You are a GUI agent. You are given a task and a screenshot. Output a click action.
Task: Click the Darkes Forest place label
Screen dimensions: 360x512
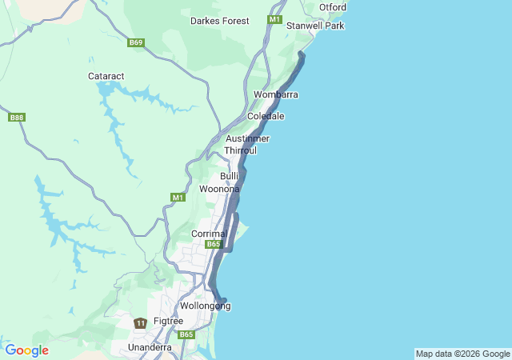(x=219, y=21)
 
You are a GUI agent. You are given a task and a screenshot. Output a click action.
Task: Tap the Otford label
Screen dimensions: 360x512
(x=332, y=7)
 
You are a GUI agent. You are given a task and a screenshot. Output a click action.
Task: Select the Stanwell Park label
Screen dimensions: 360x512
(x=315, y=26)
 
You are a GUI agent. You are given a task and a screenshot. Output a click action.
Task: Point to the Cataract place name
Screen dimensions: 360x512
(x=106, y=76)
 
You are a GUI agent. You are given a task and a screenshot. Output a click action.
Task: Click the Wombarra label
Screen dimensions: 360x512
(x=276, y=94)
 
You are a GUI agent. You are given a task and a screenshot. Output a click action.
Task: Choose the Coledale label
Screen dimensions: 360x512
(x=266, y=116)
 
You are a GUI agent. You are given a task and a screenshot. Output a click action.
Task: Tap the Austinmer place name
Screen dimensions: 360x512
(x=248, y=138)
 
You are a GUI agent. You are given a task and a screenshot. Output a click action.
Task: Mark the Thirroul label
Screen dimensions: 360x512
(x=241, y=150)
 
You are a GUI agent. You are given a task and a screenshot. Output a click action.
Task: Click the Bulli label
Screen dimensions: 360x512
(x=230, y=176)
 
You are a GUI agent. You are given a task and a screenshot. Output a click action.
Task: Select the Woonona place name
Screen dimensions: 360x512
(x=219, y=189)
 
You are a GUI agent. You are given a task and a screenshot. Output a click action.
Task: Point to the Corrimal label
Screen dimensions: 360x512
(x=210, y=234)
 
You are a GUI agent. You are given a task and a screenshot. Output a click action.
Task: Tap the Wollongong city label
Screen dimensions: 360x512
(x=206, y=306)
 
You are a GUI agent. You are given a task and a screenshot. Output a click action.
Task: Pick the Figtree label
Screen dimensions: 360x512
(x=168, y=321)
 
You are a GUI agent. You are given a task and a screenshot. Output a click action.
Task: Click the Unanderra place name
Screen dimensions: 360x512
(x=150, y=347)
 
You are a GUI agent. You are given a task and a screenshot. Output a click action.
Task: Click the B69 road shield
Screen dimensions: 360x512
(x=136, y=42)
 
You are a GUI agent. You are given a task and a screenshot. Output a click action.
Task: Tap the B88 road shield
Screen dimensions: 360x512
(x=16, y=118)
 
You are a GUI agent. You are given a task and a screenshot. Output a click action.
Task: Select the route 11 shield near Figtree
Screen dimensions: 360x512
(x=140, y=323)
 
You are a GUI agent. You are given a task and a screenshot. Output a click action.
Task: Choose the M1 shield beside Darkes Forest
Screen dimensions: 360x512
(x=275, y=19)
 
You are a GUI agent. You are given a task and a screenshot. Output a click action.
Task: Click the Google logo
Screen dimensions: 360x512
(x=26, y=350)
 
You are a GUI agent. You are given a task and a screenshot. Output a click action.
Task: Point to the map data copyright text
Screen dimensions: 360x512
(x=462, y=354)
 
